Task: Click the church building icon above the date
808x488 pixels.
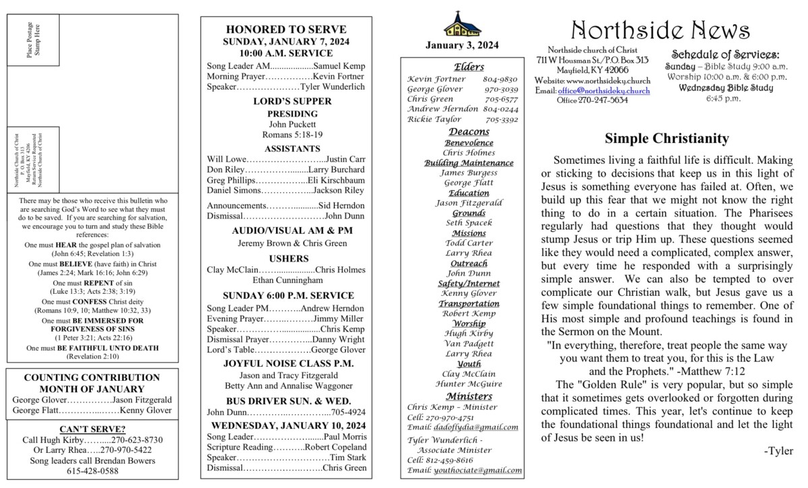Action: click(x=463, y=25)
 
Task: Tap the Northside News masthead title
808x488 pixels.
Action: click(x=660, y=30)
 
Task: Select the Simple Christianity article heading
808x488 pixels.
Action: click(x=667, y=139)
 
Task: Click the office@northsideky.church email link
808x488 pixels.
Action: click(x=603, y=90)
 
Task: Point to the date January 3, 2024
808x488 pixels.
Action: click(x=463, y=46)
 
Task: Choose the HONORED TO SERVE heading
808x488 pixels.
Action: click(x=286, y=30)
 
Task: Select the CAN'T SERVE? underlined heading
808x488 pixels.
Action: click(x=93, y=429)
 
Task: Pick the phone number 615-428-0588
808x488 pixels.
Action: click(x=93, y=471)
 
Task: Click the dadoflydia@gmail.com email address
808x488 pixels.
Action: click(x=477, y=427)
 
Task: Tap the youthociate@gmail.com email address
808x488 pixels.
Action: click(x=478, y=470)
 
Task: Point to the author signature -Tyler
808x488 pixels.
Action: click(x=778, y=451)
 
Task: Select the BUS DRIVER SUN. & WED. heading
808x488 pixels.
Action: click(x=286, y=400)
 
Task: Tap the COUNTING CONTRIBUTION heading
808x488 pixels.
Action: click(x=92, y=377)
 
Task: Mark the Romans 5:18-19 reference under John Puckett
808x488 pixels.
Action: click(x=286, y=135)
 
